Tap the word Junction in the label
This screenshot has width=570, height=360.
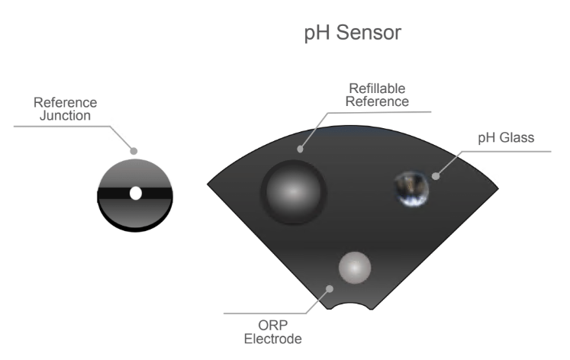click(65, 115)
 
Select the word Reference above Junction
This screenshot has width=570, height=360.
click(65, 103)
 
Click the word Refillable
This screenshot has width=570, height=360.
click(378, 88)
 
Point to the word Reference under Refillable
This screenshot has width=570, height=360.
click(378, 101)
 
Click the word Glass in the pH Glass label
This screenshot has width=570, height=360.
click(519, 138)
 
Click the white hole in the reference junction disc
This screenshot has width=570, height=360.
click(136, 193)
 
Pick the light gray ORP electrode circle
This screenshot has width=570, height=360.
click(355, 267)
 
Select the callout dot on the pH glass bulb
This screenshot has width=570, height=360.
click(436, 176)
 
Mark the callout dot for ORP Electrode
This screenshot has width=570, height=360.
click(329, 288)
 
